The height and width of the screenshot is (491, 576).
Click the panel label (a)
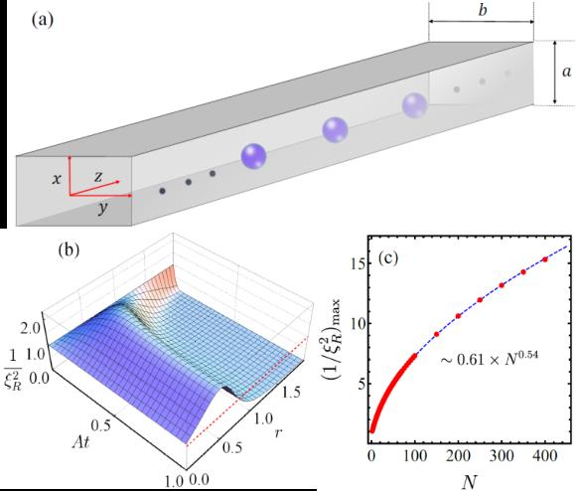click(43, 20)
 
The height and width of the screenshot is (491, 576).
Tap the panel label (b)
click(69, 249)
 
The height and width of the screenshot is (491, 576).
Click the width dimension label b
click(483, 10)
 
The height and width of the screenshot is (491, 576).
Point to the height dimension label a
click(567, 72)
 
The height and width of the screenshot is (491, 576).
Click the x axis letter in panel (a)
click(57, 179)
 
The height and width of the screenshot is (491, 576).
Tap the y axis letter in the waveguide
click(103, 209)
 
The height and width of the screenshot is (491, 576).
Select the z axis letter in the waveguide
click(98, 177)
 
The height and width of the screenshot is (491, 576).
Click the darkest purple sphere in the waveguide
click(253, 156)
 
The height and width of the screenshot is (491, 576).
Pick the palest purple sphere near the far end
click(414, 105)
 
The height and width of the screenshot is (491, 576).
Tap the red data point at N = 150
click(436, 334)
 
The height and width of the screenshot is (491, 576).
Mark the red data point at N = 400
click(545, 259)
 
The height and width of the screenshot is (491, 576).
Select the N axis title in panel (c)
click(470, 481)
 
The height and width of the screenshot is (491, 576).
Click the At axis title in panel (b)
click(81, 441)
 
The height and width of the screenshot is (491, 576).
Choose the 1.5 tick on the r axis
click(291, 393)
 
